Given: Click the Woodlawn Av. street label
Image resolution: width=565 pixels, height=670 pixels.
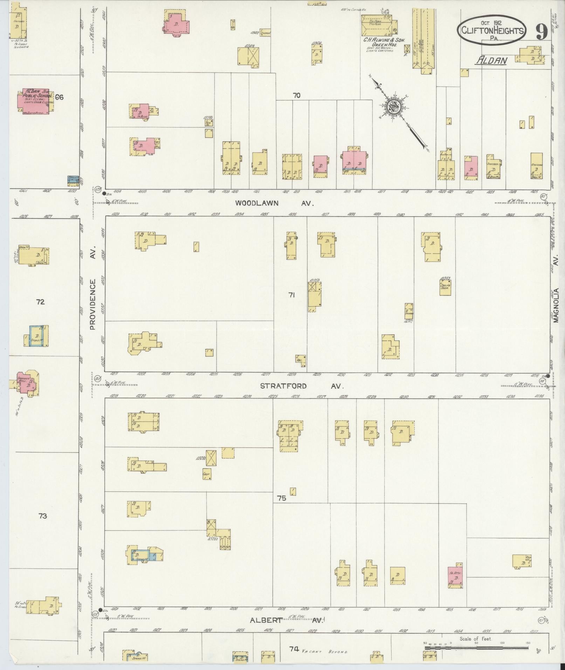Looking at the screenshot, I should click(274, 203).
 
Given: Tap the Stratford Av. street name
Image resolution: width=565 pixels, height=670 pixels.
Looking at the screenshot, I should click(302, 386).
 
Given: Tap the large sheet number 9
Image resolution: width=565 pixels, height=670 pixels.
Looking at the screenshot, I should click(541, 32).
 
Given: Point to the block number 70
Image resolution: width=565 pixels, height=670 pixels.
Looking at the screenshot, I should click(297, 95).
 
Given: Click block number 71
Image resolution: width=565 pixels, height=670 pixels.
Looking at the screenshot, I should click(291, 295).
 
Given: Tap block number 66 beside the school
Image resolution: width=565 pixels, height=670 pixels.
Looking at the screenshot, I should click(59, 97).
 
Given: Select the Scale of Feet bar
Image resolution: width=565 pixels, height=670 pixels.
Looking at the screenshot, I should click(476, 648).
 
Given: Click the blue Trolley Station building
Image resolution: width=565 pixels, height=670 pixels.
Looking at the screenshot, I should click(73, 180).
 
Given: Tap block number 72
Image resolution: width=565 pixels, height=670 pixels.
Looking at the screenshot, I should click(40, 302).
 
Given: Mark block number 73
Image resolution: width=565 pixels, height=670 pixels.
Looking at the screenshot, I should click(42, 516).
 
